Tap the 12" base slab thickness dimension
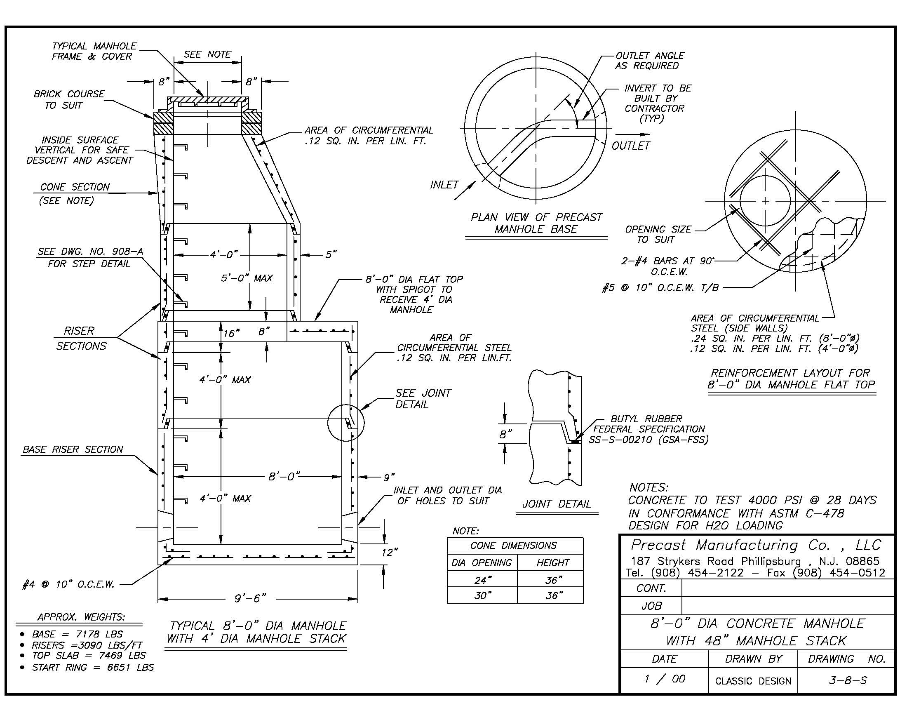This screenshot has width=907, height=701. tap(389, 552)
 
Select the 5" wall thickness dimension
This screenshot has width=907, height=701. tap(331, 254)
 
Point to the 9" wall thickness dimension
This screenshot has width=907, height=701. tap(389, 477)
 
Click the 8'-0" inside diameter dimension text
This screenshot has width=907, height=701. tap(284, 476)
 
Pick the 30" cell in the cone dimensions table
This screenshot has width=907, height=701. tap(482, 595)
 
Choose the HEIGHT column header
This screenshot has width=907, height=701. tap(553, 563)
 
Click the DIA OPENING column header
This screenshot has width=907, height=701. tap(482, 563)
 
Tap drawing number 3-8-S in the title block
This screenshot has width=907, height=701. tap(847, 680)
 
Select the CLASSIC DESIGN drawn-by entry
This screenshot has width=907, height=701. tap(753, 681)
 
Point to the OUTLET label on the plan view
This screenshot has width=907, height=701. tap(630, 145)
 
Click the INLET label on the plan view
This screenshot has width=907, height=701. tap(444, 184)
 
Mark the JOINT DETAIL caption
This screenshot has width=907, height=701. tap(557, 504)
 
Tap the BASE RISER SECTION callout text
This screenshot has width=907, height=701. tap(73, 449)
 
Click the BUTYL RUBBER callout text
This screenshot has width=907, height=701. tap(646, 419)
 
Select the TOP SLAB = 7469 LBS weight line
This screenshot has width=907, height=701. tap(89, 655)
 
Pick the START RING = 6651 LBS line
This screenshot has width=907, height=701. tap(93, 667)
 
